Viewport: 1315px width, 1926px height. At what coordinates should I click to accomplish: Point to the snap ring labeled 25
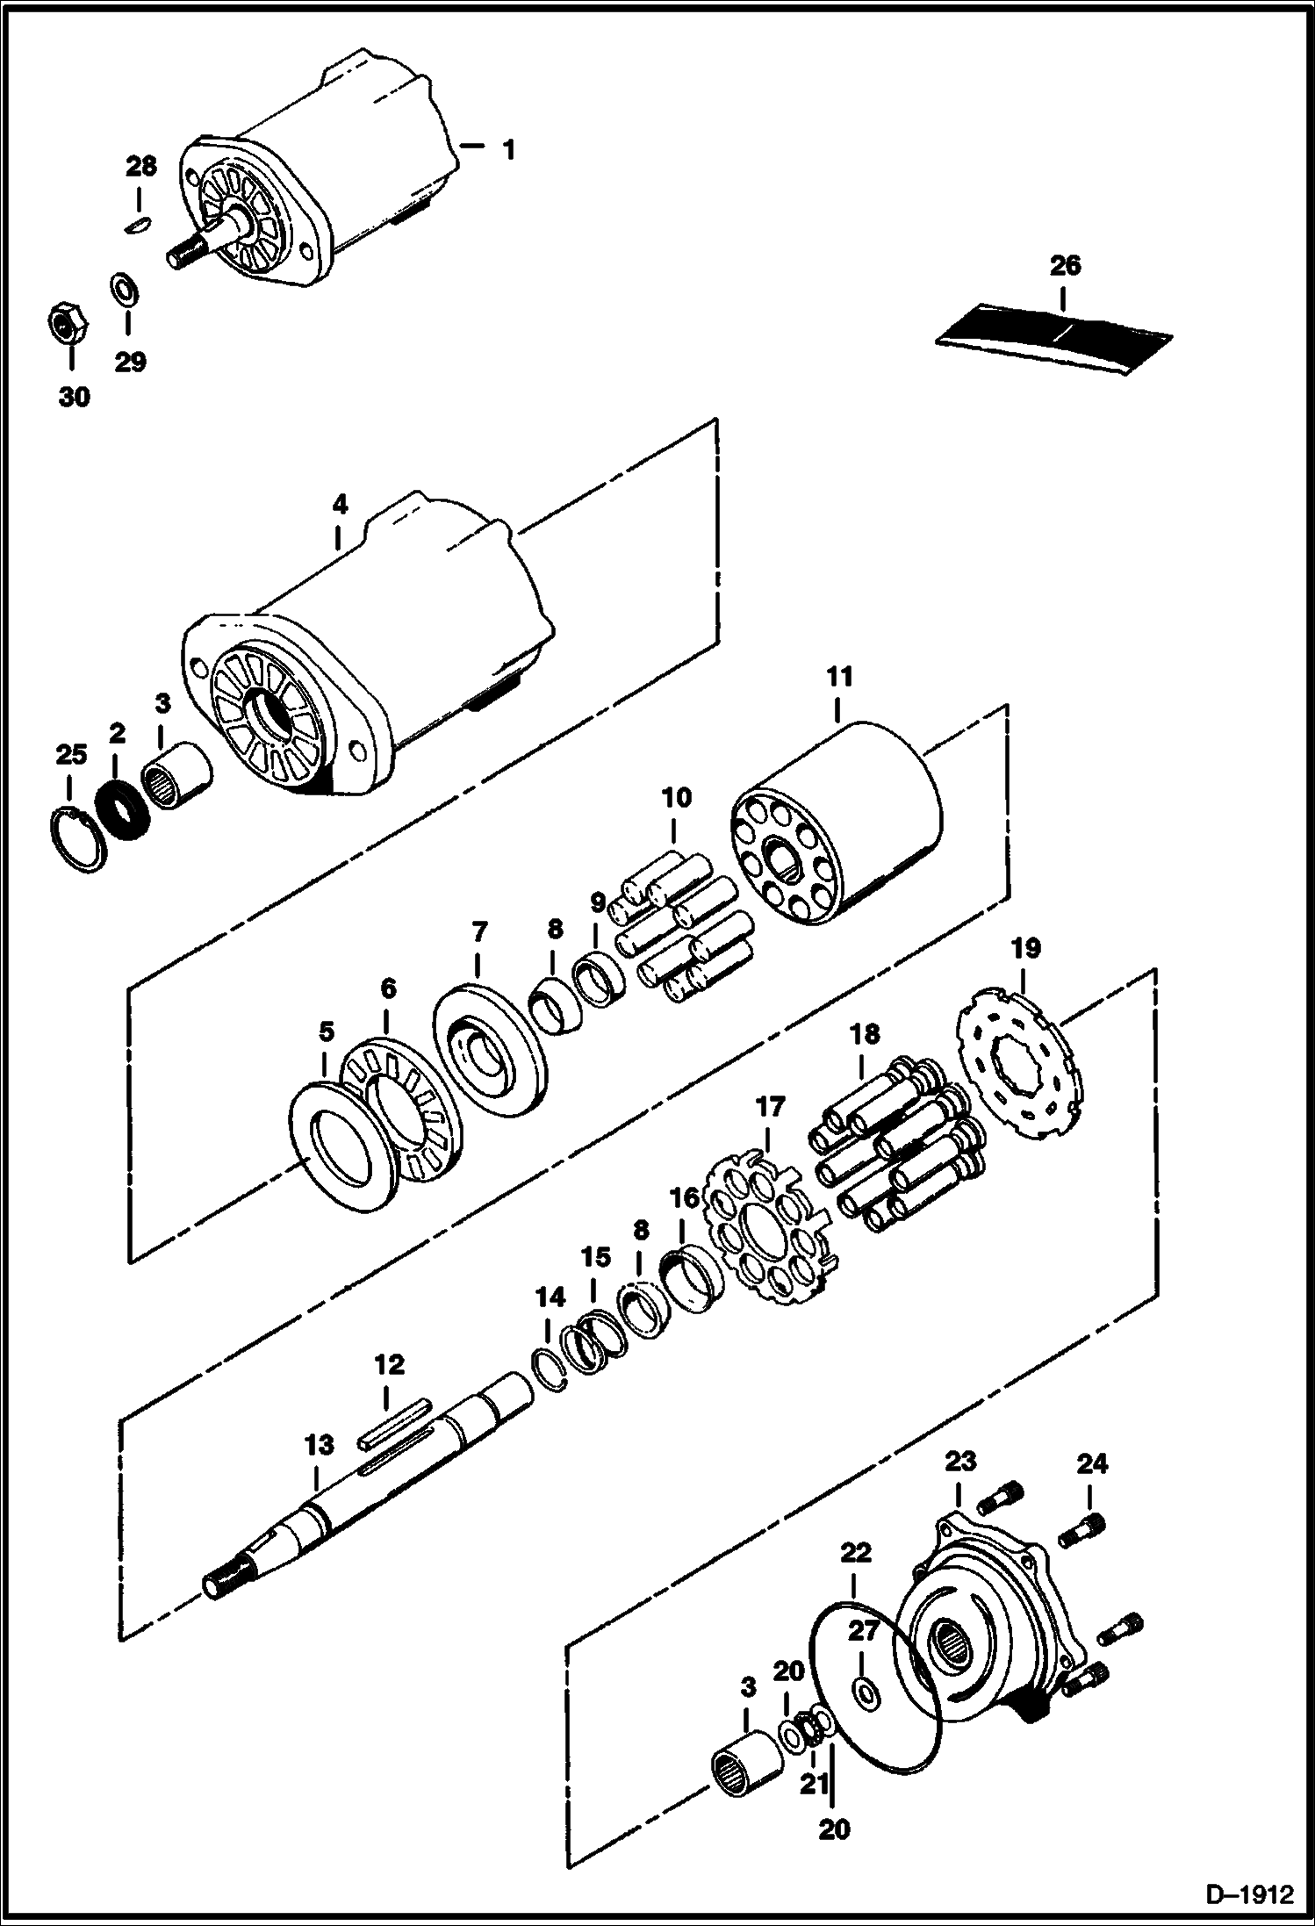coord(75,841)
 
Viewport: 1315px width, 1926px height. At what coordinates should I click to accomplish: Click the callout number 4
coord(340,504)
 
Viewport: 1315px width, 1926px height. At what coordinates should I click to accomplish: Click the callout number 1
coord(507,149)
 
